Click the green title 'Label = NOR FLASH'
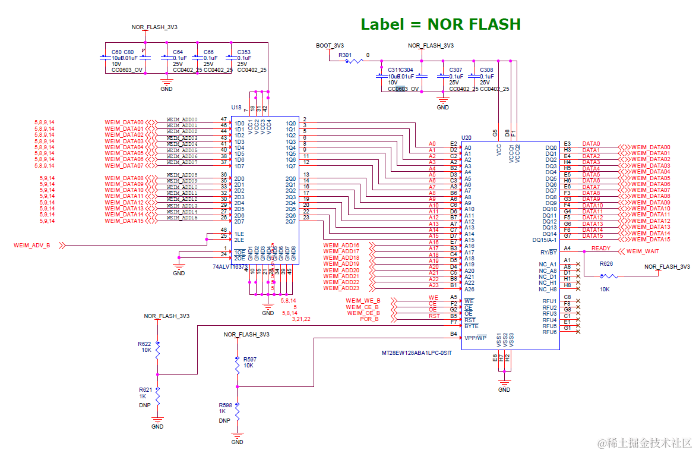[441, 24]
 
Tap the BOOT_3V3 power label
[330, 45]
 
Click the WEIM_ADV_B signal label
[32, 245]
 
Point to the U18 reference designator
[236, 108]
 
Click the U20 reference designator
[466, 137]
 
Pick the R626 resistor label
[606, 263]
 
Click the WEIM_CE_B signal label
[363, 307]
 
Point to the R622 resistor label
[144, 344]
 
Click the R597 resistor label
[250, 359]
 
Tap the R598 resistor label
[225, 405]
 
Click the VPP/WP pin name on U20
[476, 338]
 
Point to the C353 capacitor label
[243, 52]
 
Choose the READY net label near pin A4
[600, 249]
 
